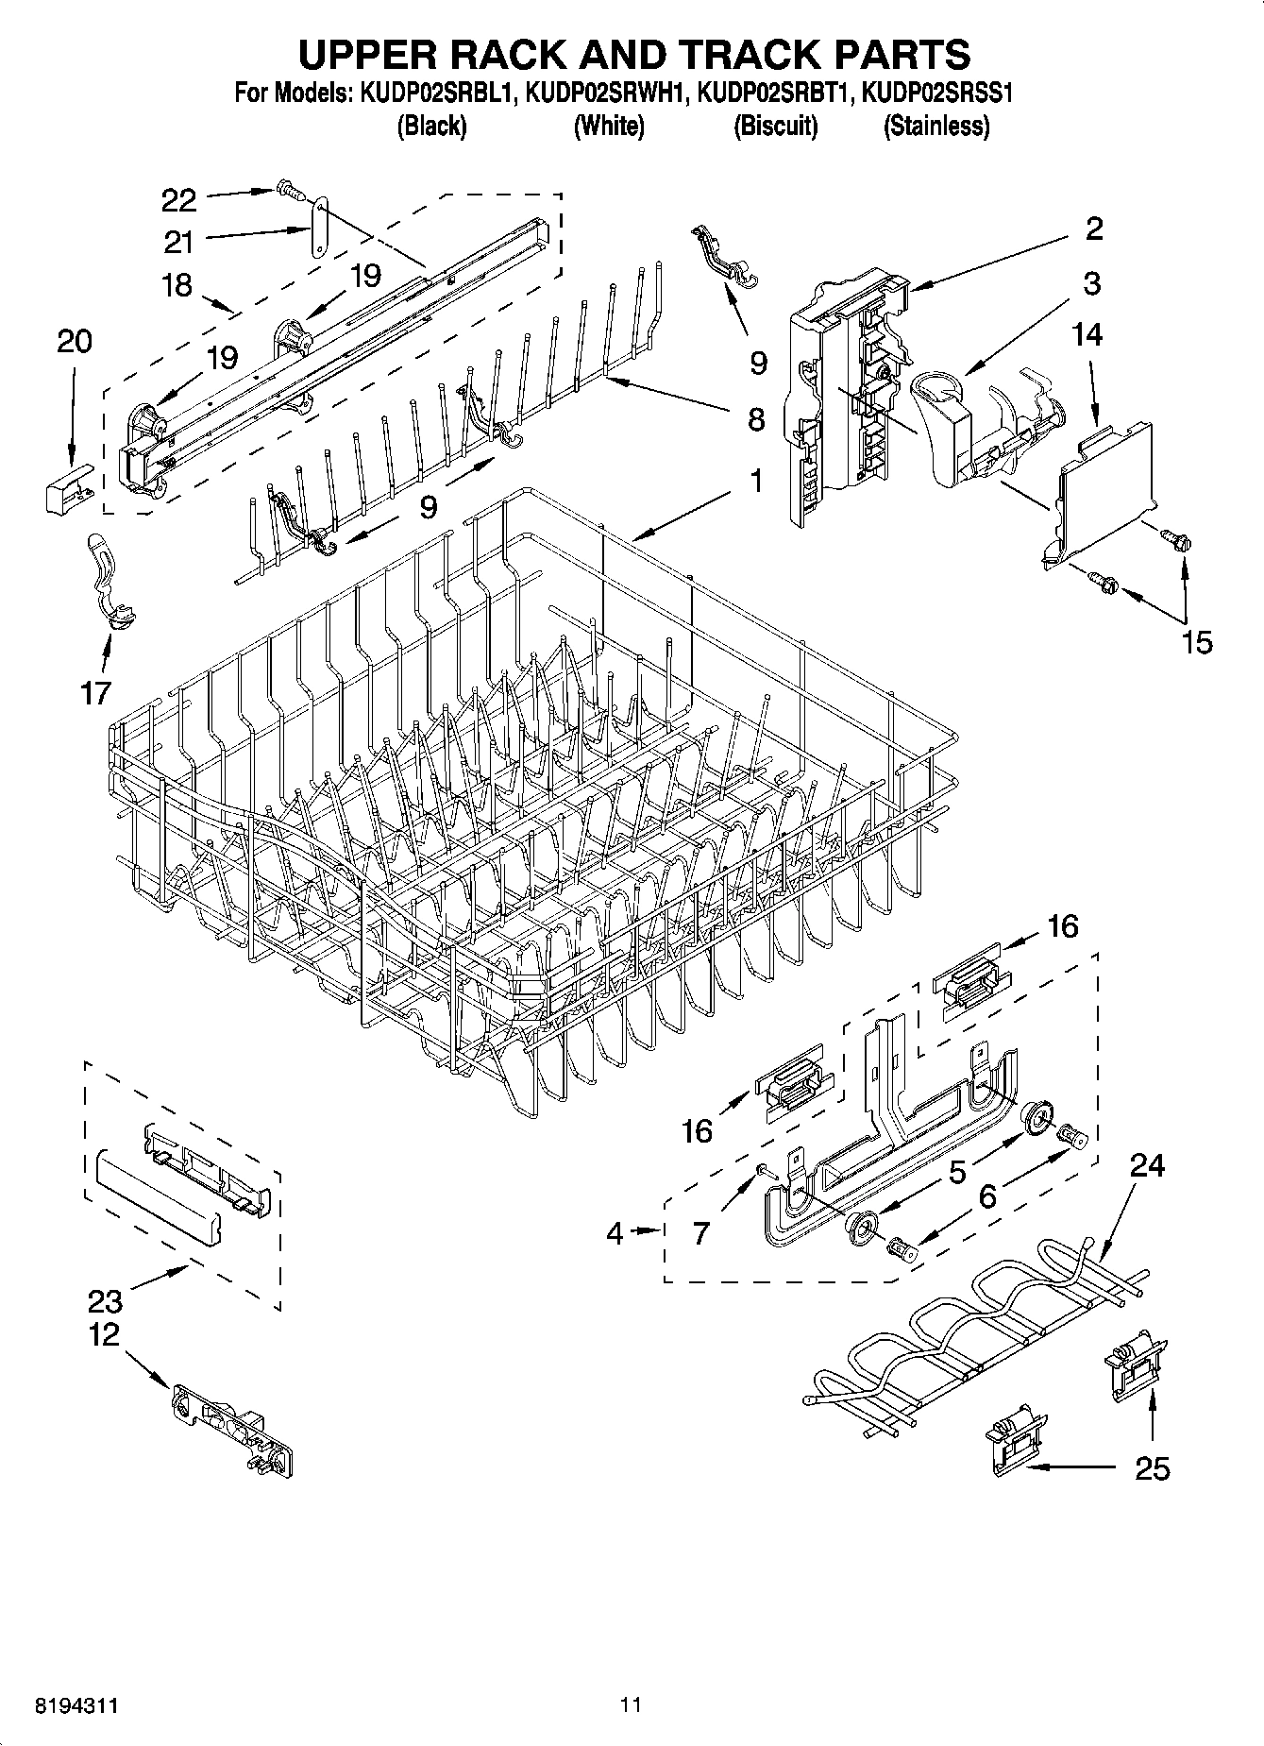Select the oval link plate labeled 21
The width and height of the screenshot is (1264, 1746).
[319, 227]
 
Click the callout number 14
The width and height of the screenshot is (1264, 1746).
[1087, 335]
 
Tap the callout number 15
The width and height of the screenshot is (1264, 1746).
[1196, 643]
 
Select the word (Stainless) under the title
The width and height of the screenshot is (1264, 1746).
[936, 126]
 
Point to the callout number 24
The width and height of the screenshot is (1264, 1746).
[1147, 1166]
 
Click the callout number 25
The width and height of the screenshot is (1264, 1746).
[1152, 1468]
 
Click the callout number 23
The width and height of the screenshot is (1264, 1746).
[105, 1301]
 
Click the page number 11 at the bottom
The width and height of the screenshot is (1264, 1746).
[631, 1705]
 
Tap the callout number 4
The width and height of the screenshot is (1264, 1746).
[615, 1233]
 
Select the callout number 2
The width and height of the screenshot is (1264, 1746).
[1094, 229]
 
